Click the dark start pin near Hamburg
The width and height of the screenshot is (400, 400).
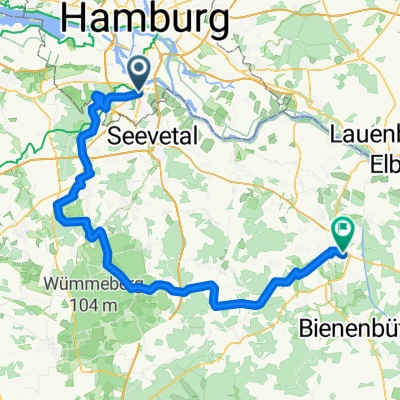coord(138,72)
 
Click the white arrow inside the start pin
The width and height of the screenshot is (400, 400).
coord(138,70)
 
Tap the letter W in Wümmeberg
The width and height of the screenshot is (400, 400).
coord(50,283)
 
